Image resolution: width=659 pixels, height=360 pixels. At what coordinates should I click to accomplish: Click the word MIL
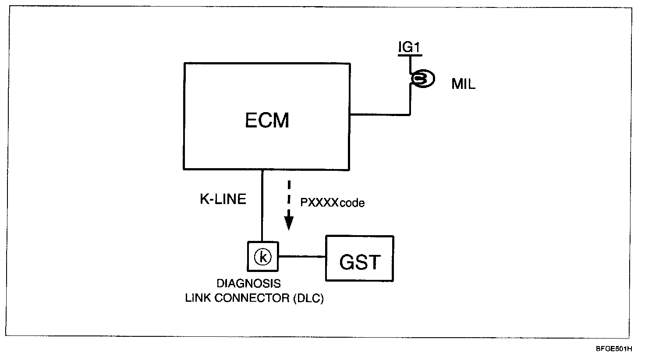[463, 85]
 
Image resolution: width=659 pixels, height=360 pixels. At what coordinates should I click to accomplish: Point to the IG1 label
[409, 47]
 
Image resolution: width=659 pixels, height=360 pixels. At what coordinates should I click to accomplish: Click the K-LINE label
[223, 199]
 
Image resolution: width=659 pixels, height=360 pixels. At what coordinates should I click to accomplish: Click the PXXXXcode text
[333, 203]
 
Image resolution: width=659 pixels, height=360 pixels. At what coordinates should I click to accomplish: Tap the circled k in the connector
[262, 257]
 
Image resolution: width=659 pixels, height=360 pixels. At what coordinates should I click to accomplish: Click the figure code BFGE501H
[613, 349]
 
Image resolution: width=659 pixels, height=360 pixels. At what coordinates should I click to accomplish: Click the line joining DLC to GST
[302, 257]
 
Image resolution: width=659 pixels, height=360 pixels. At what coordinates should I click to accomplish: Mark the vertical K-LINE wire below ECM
[262, 206]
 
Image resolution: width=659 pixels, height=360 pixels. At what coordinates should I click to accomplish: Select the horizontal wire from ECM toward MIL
[379, 115]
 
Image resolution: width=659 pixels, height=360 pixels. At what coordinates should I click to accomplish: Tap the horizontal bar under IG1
[409, 55]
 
